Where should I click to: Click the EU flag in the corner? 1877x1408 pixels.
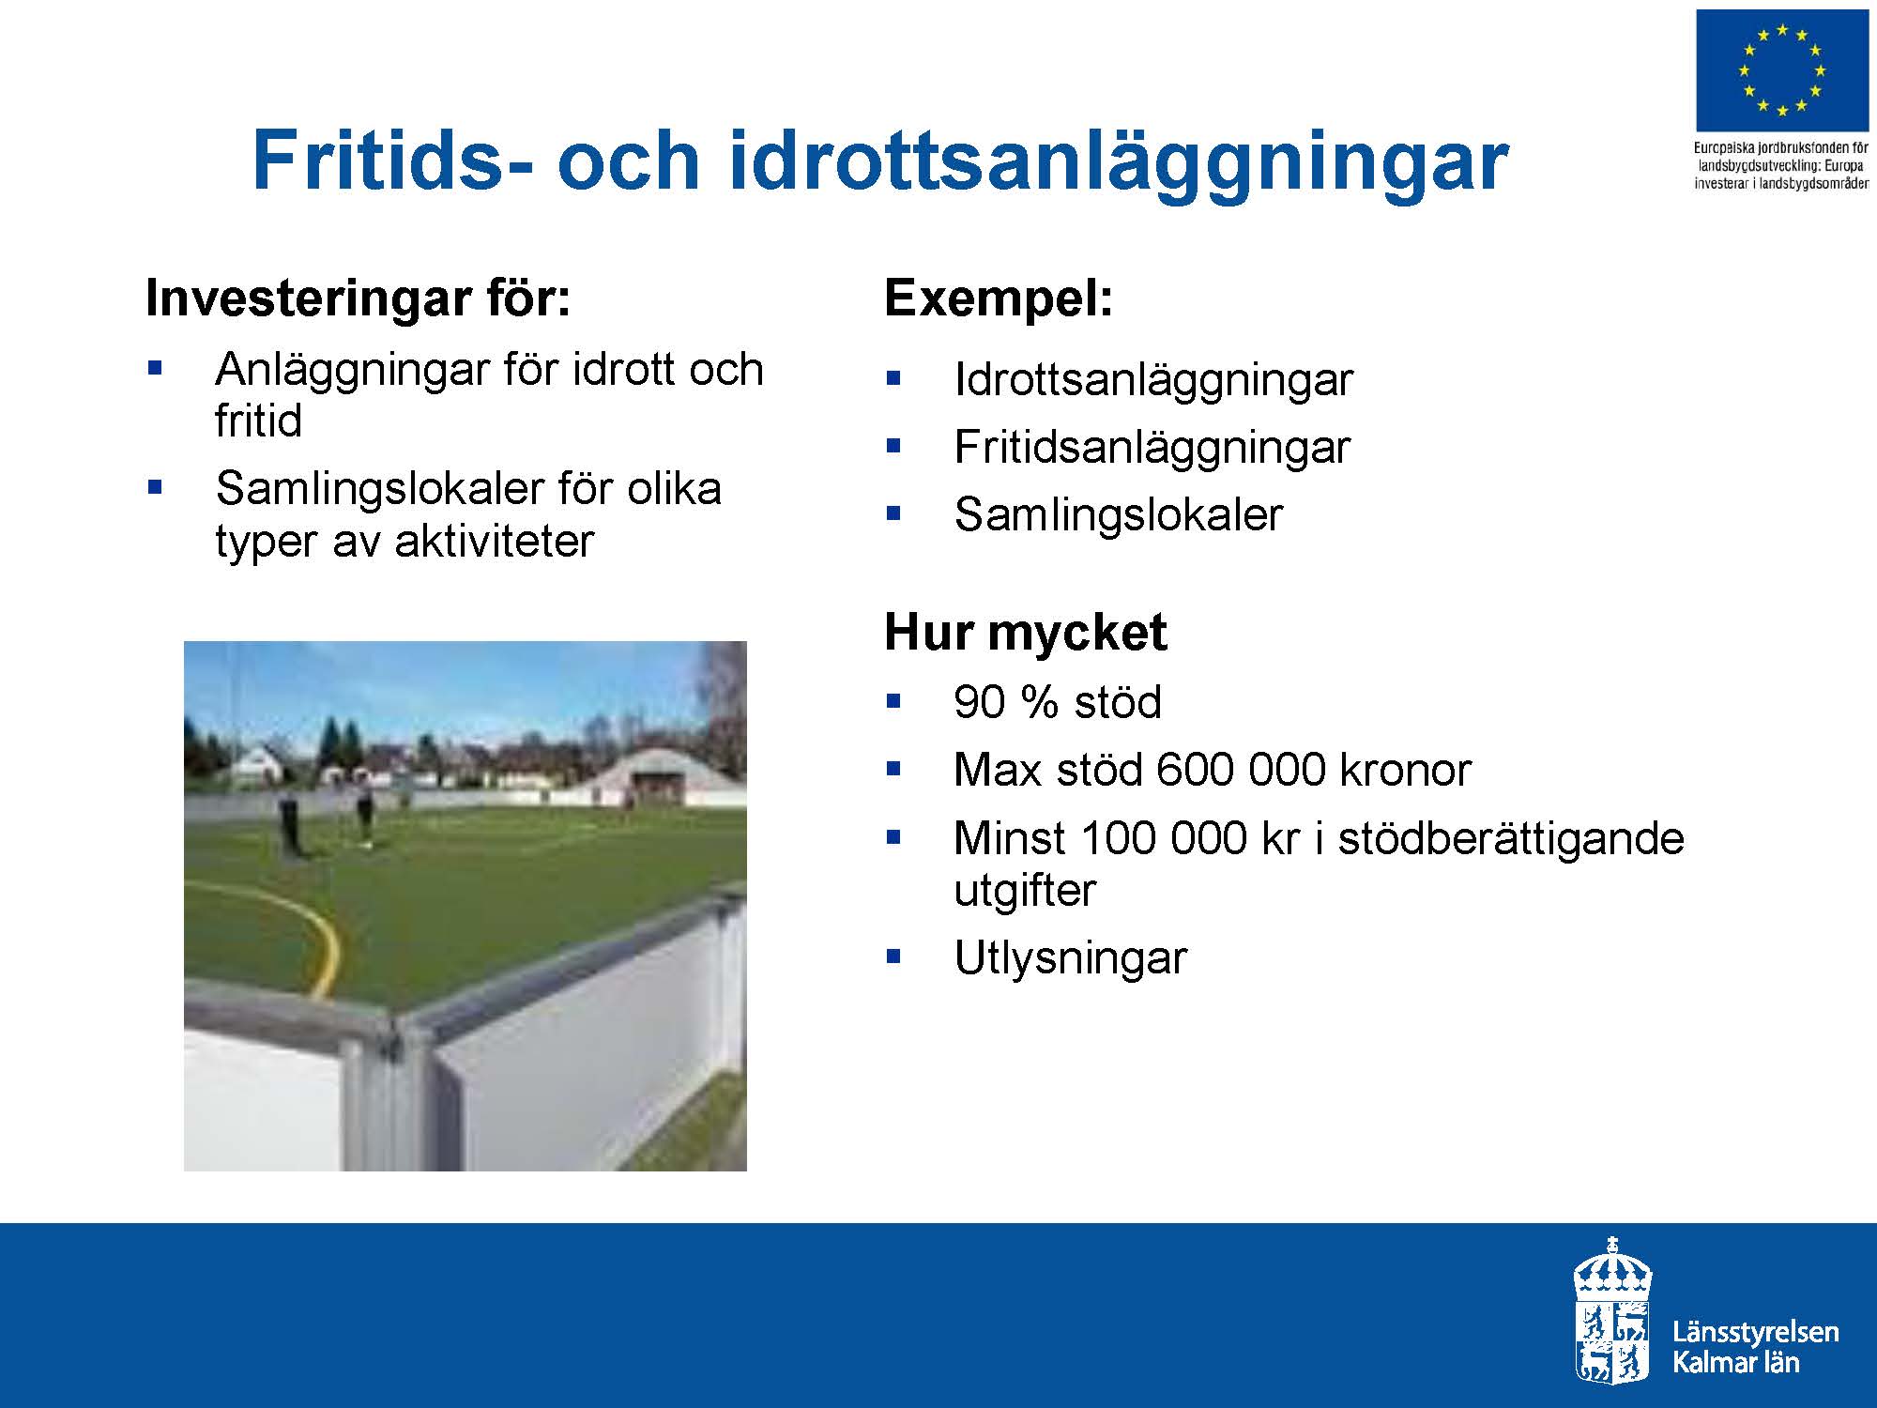[1781, 71]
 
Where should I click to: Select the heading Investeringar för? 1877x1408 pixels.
[359, 298]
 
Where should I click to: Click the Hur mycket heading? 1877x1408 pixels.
[1026, 633]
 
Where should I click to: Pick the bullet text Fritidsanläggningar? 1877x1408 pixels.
[1152, 448]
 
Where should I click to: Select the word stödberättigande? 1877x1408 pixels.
[1511, 838]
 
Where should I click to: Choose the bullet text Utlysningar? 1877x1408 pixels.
[1070, 958]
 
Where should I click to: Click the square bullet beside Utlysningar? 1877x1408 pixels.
[893, 957]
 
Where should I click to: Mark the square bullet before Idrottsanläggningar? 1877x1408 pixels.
[893, 379]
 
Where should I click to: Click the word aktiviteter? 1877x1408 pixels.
[494, 542]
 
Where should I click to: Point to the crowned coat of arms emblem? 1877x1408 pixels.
[1612, 1309]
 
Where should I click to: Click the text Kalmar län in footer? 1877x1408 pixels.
[1736, 1362]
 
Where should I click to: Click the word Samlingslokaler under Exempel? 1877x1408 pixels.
[1118, 514]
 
